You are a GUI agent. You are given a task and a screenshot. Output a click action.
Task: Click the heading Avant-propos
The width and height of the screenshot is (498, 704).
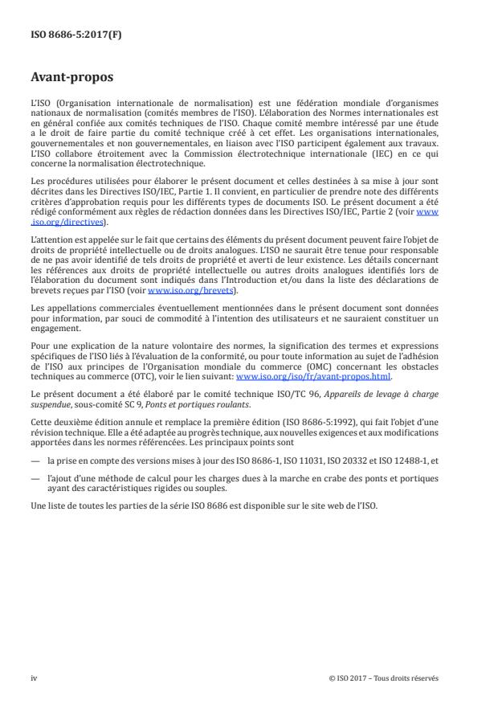coord(73,80)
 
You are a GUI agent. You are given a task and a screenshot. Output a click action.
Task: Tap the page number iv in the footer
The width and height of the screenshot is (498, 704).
coord(34,678)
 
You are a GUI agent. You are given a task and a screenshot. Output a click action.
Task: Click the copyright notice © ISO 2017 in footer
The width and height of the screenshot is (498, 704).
coord(384,678)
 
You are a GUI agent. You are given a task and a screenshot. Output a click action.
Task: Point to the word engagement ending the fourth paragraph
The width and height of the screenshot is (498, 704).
coord(52,328)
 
